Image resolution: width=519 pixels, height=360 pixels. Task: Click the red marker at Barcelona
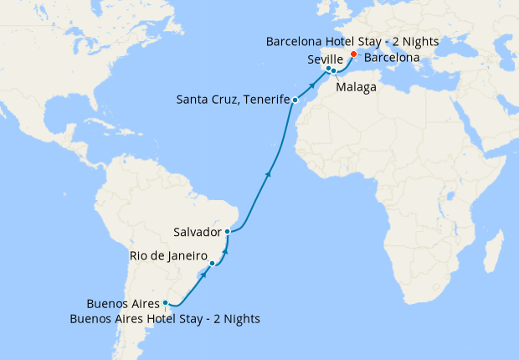coord(353,54)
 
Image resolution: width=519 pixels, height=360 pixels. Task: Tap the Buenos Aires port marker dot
coord(166,303)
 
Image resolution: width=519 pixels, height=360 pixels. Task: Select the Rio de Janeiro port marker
coord(213,264)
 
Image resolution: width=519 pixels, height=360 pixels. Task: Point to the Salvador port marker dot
coord(228,231)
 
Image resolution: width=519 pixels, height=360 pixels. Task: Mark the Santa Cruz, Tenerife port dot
coord(295,100)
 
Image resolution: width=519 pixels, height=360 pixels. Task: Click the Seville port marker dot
coord(328,69)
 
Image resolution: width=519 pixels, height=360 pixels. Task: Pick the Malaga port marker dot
coord(334,71)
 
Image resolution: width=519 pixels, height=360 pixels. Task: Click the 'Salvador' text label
coord(197,231)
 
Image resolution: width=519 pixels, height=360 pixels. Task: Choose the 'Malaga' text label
coord(354,86)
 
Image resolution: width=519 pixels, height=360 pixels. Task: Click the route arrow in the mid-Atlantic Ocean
coord(269,173)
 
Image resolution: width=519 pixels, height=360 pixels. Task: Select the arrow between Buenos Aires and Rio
coord(203,273)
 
